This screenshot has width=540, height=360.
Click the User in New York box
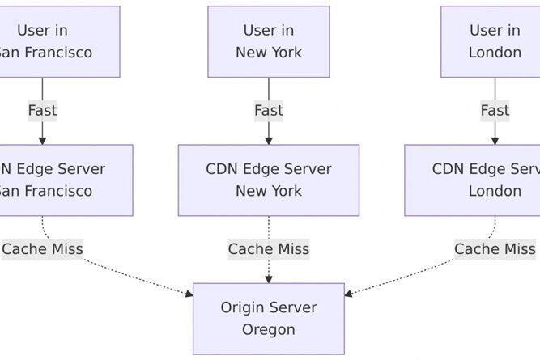[x=268, y=41]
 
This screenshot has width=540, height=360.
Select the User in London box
[x=491, y=41]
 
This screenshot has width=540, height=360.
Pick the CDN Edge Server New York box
[x=268, y=180]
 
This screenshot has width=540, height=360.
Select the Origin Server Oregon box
[x=268, y=318]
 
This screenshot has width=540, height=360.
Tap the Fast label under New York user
[x=268, y=110]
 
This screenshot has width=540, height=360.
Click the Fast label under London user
[x=495, y=110]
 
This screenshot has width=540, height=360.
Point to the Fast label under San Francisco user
[x=42, y=110]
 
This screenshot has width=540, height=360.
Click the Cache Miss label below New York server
[x=268, y=249]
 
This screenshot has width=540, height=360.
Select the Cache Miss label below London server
[x=495, y=249]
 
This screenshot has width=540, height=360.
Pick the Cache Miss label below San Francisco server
[x=42, y=249]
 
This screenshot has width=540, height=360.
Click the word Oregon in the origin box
[x=268, y=329]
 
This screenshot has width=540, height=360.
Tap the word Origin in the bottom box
[x=244, y=307]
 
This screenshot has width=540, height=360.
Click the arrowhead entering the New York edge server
[x=268, y=141]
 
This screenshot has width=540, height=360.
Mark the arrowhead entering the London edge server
[x=495, y=141]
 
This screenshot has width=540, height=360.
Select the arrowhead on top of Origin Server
[x=268, y=279]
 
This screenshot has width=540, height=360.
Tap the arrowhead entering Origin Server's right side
[x=349, y=294]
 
